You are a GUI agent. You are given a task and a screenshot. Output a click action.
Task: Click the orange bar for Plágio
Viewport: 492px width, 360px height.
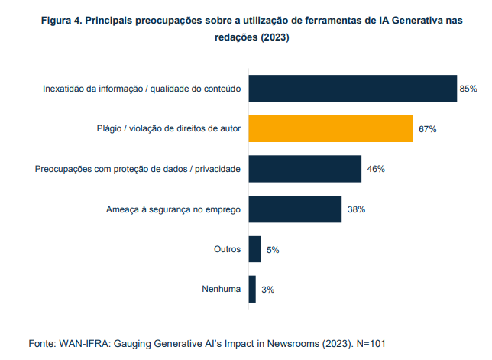point(331,129)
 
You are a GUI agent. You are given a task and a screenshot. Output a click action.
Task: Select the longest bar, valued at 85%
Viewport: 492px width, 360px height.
point(352,89)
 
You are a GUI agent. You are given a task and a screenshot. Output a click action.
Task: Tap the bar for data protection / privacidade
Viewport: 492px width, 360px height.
point(305,169)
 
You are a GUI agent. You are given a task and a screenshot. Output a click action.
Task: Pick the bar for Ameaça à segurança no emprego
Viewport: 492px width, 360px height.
point(295,209)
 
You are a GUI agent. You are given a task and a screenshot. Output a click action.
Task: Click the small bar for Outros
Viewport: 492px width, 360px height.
point(254,249)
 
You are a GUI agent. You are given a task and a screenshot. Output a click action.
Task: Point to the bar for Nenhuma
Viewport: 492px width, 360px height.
point(252,289)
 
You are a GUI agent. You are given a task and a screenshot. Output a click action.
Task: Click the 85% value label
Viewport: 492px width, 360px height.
point(468,89)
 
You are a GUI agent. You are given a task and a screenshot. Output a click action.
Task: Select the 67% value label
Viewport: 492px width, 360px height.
point(427,130)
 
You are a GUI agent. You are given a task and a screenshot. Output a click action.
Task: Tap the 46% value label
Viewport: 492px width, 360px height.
point(375,169)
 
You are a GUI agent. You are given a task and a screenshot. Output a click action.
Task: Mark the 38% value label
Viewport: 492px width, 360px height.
point(356,209)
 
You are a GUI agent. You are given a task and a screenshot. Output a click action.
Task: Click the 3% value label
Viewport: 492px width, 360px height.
point(267,290)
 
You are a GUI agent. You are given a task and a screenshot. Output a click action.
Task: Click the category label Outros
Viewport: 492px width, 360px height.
point(228,249)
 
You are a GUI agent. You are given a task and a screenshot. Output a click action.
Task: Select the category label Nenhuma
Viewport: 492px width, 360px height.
point(222,289)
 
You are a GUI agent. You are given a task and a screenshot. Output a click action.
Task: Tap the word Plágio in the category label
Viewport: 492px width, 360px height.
point(101,129)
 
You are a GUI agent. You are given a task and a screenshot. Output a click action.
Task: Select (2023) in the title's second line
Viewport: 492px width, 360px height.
point(274,37)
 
